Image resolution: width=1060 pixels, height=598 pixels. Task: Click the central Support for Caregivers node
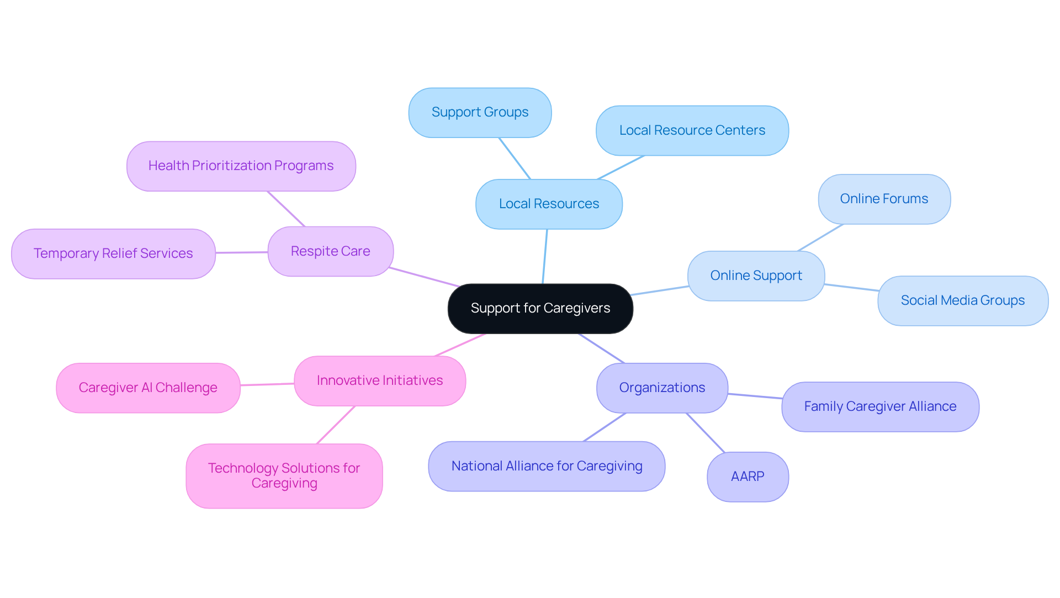click(x=540, y=308)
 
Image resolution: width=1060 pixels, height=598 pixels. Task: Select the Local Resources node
click(x=549, y=204)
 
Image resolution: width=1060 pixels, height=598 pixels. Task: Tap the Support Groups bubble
click(x=480, y=112)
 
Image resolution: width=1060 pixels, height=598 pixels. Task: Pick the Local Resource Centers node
click(x=692, y=130)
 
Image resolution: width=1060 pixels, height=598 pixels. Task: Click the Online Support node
click(x=756, y=276)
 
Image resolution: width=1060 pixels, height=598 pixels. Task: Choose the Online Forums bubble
click(x=884, y=199)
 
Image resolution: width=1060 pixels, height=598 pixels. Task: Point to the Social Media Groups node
click(x=962, y=300)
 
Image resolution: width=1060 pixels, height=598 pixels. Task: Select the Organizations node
click(x=662, y=388)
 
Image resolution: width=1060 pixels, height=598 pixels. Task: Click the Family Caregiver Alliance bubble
click(x=880, y=406)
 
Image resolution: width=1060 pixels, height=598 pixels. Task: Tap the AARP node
click(x=748, y=477)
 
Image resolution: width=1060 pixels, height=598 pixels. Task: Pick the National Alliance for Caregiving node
click(x=547, y=466)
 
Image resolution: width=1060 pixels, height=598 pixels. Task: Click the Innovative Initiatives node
click(x=380, y=380)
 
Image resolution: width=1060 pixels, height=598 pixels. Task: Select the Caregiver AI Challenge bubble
click(x=148, y=388)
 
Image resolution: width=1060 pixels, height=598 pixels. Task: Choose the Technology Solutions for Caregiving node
click(x=284, y=475)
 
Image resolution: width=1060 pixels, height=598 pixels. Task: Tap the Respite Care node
click(x=330, y=251)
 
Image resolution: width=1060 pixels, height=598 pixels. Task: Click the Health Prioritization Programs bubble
click(x=241, y=166)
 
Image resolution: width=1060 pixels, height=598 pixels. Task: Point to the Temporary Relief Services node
click(x=113, y=253)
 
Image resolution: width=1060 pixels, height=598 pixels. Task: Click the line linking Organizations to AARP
click(x=706, y=433)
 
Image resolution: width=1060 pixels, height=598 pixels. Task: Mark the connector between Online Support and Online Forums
click(x=820, y=237)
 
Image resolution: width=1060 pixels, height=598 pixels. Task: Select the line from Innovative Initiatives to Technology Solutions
click(x=336, y=425)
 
